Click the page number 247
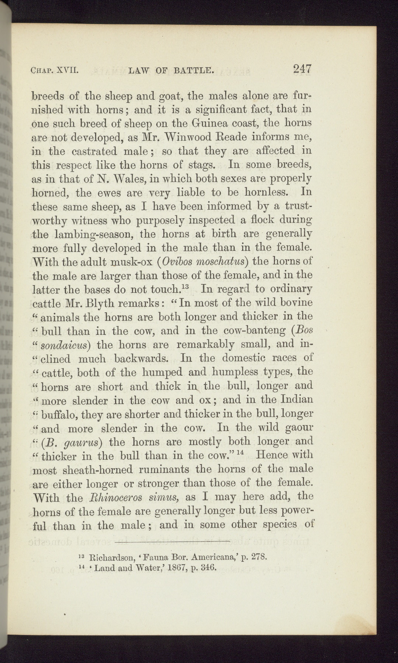click(303, 69)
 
